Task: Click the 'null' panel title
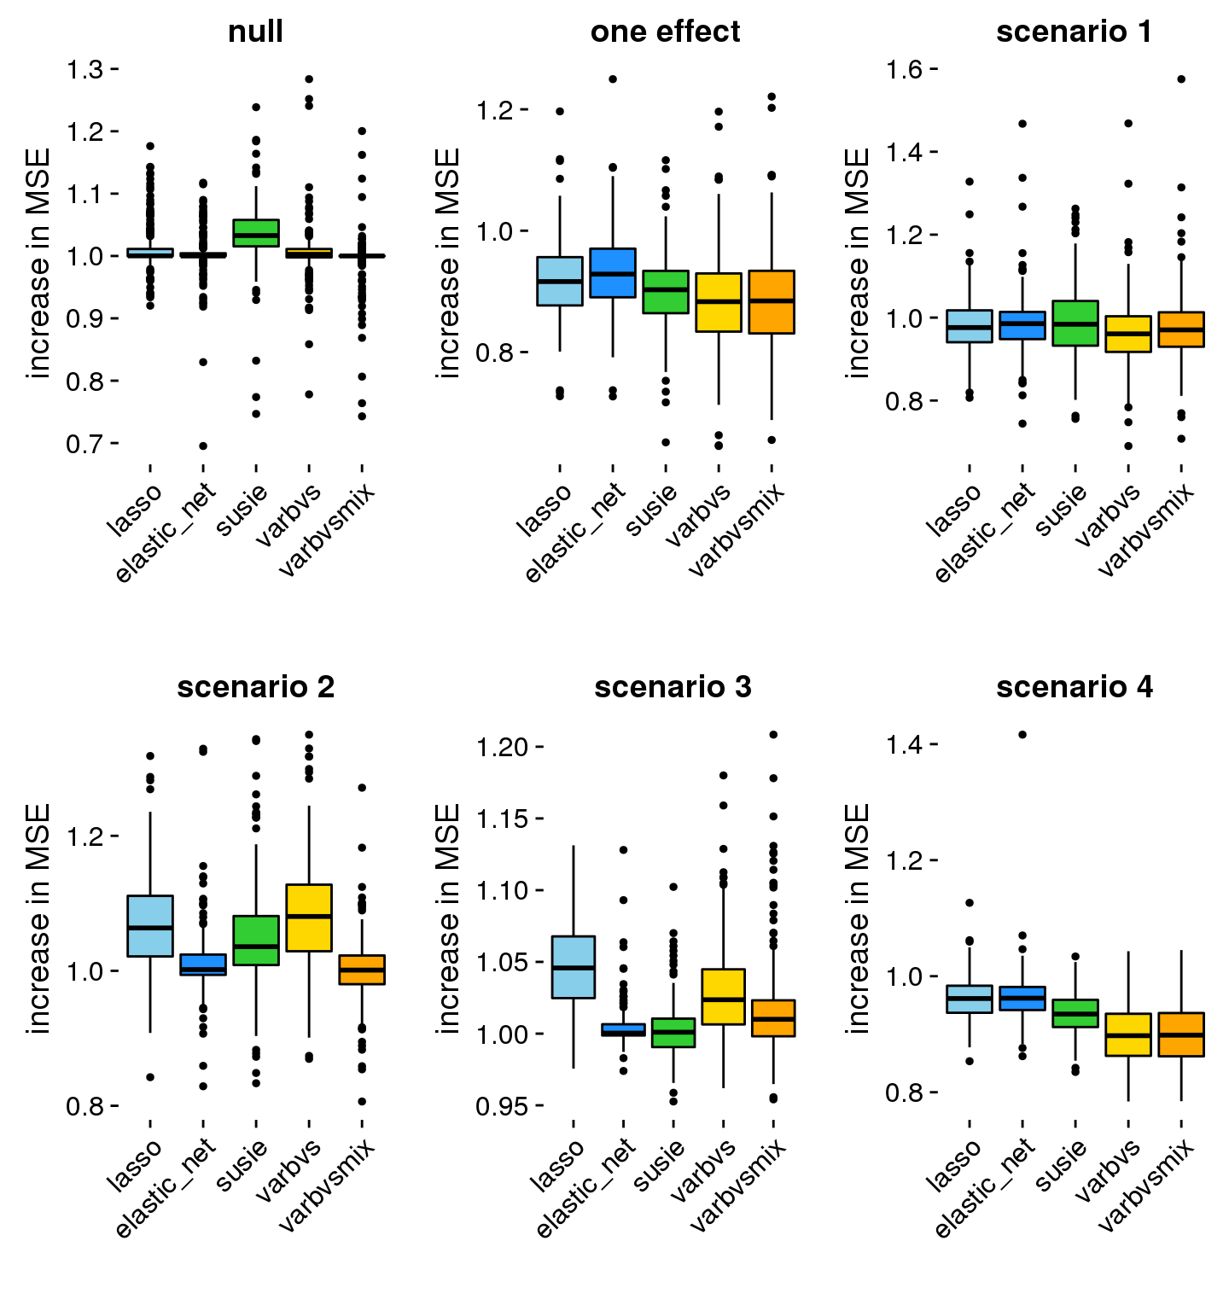255,32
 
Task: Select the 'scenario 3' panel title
673,687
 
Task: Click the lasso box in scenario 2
150,926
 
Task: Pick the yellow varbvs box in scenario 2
309,918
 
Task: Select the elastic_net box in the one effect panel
613,273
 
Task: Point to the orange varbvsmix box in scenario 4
1182,1034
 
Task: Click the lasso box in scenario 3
574,967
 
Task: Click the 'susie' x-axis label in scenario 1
1063,510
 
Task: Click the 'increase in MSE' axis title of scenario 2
38,918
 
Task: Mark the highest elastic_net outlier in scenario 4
1022,734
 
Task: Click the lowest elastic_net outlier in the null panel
203,446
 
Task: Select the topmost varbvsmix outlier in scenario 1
1182,79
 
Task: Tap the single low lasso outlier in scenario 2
150,1077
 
